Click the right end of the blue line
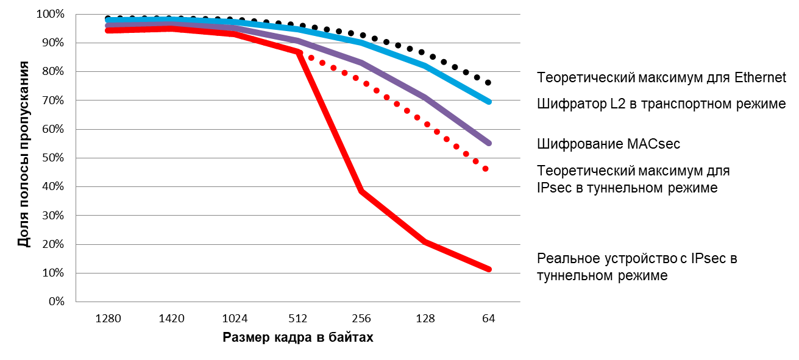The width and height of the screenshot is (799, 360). [488, 102]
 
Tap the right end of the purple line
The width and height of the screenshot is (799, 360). [488, 143]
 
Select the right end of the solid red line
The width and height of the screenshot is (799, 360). [488, 269]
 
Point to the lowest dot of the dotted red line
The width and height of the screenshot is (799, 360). [486, 169]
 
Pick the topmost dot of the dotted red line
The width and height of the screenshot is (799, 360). [311, 58]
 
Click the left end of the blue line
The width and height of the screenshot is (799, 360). [108, 20]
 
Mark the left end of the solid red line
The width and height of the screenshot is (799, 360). [108, 30]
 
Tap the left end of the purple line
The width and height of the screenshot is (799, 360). [108, 26]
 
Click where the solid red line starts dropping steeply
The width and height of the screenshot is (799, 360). [298, 52]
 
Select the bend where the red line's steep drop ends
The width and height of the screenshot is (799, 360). [361, 191]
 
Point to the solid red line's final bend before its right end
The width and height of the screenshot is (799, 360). [425, 242]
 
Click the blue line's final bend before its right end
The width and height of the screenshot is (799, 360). [425, 65]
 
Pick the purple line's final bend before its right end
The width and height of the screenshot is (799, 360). [425, 97]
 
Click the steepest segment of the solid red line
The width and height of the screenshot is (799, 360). [330, 122]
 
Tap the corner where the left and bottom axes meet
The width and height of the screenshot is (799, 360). [76, 302]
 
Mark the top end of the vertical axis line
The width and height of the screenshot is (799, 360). [76, 14]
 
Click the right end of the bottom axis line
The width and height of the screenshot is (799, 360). [520, 302]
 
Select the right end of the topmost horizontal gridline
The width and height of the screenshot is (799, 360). [520, 14]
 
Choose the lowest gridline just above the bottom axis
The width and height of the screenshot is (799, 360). [298, 273]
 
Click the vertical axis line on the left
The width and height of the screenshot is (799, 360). [76, 158]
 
